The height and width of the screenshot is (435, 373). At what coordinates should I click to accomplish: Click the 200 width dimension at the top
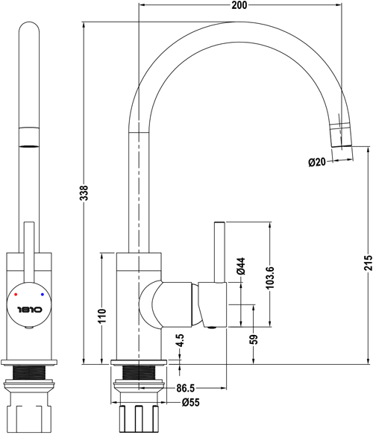tap(239, 6)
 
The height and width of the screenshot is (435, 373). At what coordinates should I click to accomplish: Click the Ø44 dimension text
tap(240, 267)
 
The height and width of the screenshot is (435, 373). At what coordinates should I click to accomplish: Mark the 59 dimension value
tap(254, 339)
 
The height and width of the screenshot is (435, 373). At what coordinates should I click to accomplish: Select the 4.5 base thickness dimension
tap(179, 345)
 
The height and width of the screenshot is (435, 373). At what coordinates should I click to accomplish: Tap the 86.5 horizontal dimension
tap(186, 389)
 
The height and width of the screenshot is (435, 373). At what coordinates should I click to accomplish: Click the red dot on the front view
tap(17, 295)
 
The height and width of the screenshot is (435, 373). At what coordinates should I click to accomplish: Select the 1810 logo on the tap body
tap(30, 306)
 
